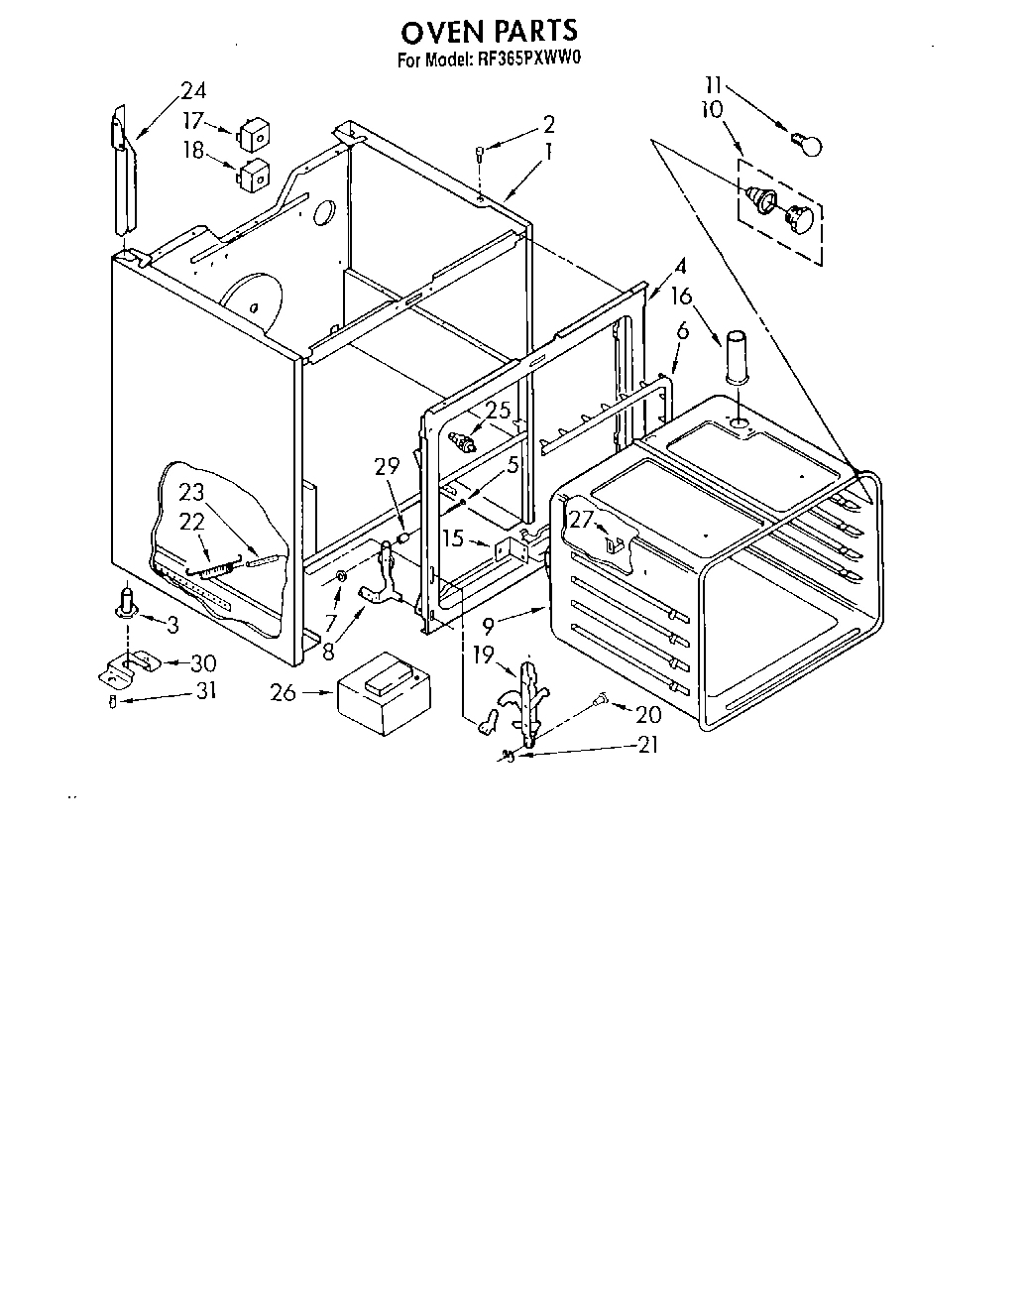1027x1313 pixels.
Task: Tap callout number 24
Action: pos(193,90)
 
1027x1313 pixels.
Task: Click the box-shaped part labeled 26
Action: pos(386,691)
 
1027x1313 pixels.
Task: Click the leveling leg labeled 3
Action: pos(126,602)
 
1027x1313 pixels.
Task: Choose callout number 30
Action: pos(203,662)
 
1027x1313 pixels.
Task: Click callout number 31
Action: pos(205,691)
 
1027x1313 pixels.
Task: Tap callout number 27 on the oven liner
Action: pos(580,519)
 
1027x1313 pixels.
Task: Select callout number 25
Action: pos(499,410)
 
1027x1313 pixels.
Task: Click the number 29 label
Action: pos(388,465)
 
